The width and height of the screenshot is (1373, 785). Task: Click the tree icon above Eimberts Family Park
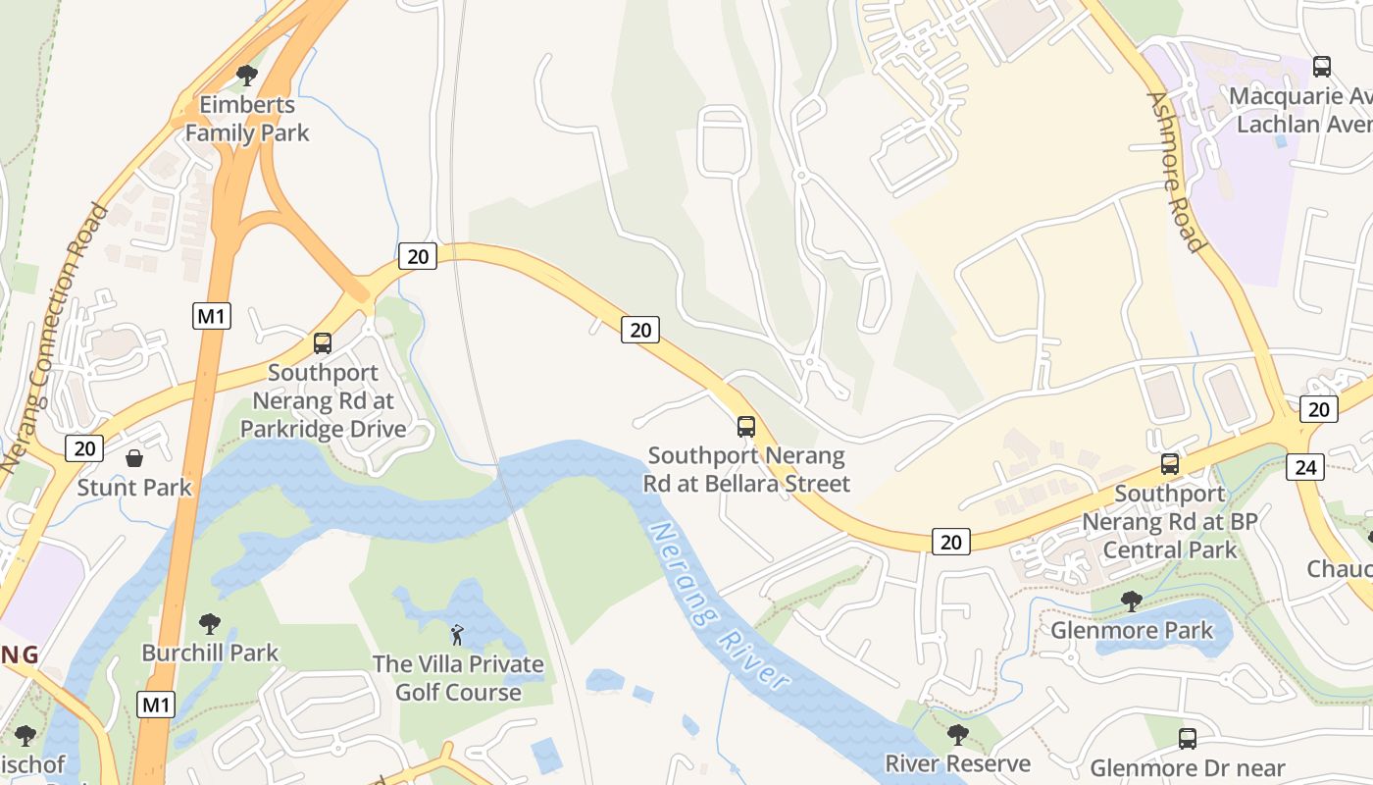coord(247,75)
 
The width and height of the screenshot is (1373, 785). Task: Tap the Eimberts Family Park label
coord(247,119)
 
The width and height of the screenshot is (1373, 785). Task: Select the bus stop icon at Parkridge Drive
coord(323,343)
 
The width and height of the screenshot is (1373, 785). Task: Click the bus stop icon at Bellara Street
coord(746,427)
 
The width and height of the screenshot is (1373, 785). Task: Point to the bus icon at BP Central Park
coord(1170,464)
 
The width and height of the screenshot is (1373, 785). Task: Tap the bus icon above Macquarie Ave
coord(1322,67)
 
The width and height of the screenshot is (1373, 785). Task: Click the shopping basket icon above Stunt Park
coord(134,458)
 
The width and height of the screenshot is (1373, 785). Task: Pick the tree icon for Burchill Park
coord(210,623)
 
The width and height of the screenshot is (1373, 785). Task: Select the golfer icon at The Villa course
coord(457,635)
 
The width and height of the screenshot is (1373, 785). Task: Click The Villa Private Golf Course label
coord(458,678)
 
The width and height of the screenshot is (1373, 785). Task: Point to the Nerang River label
coord(720,605)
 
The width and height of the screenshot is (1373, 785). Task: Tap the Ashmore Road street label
coord(1175,172)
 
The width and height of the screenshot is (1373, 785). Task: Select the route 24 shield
coord(1305,467)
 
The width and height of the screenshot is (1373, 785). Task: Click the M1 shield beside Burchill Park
coord(155,705)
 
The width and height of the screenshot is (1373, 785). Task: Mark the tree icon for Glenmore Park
coord(1132,601)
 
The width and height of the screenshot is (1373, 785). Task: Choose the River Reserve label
coord(957,763)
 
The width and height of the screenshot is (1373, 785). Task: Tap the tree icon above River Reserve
coord(957,734)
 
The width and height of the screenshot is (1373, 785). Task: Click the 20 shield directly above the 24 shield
coord(1319,409)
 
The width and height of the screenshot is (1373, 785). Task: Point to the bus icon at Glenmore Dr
coord(1188,739)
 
